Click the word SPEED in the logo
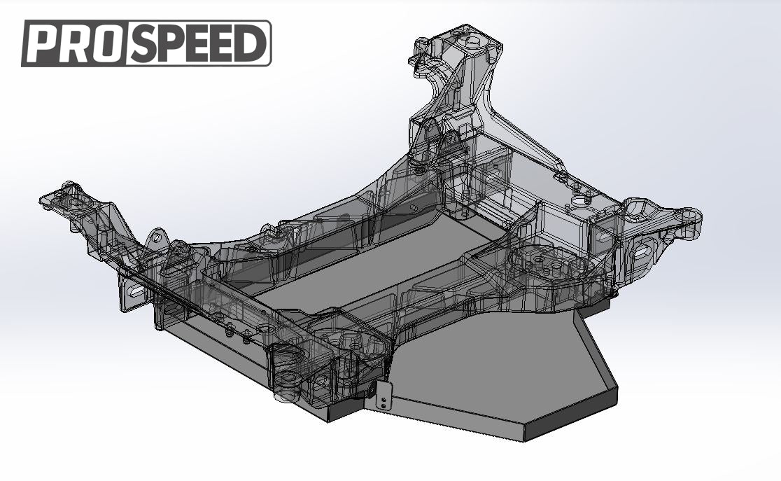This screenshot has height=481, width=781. [x=197, y=43]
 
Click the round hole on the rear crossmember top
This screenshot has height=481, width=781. [x=580, y=201]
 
